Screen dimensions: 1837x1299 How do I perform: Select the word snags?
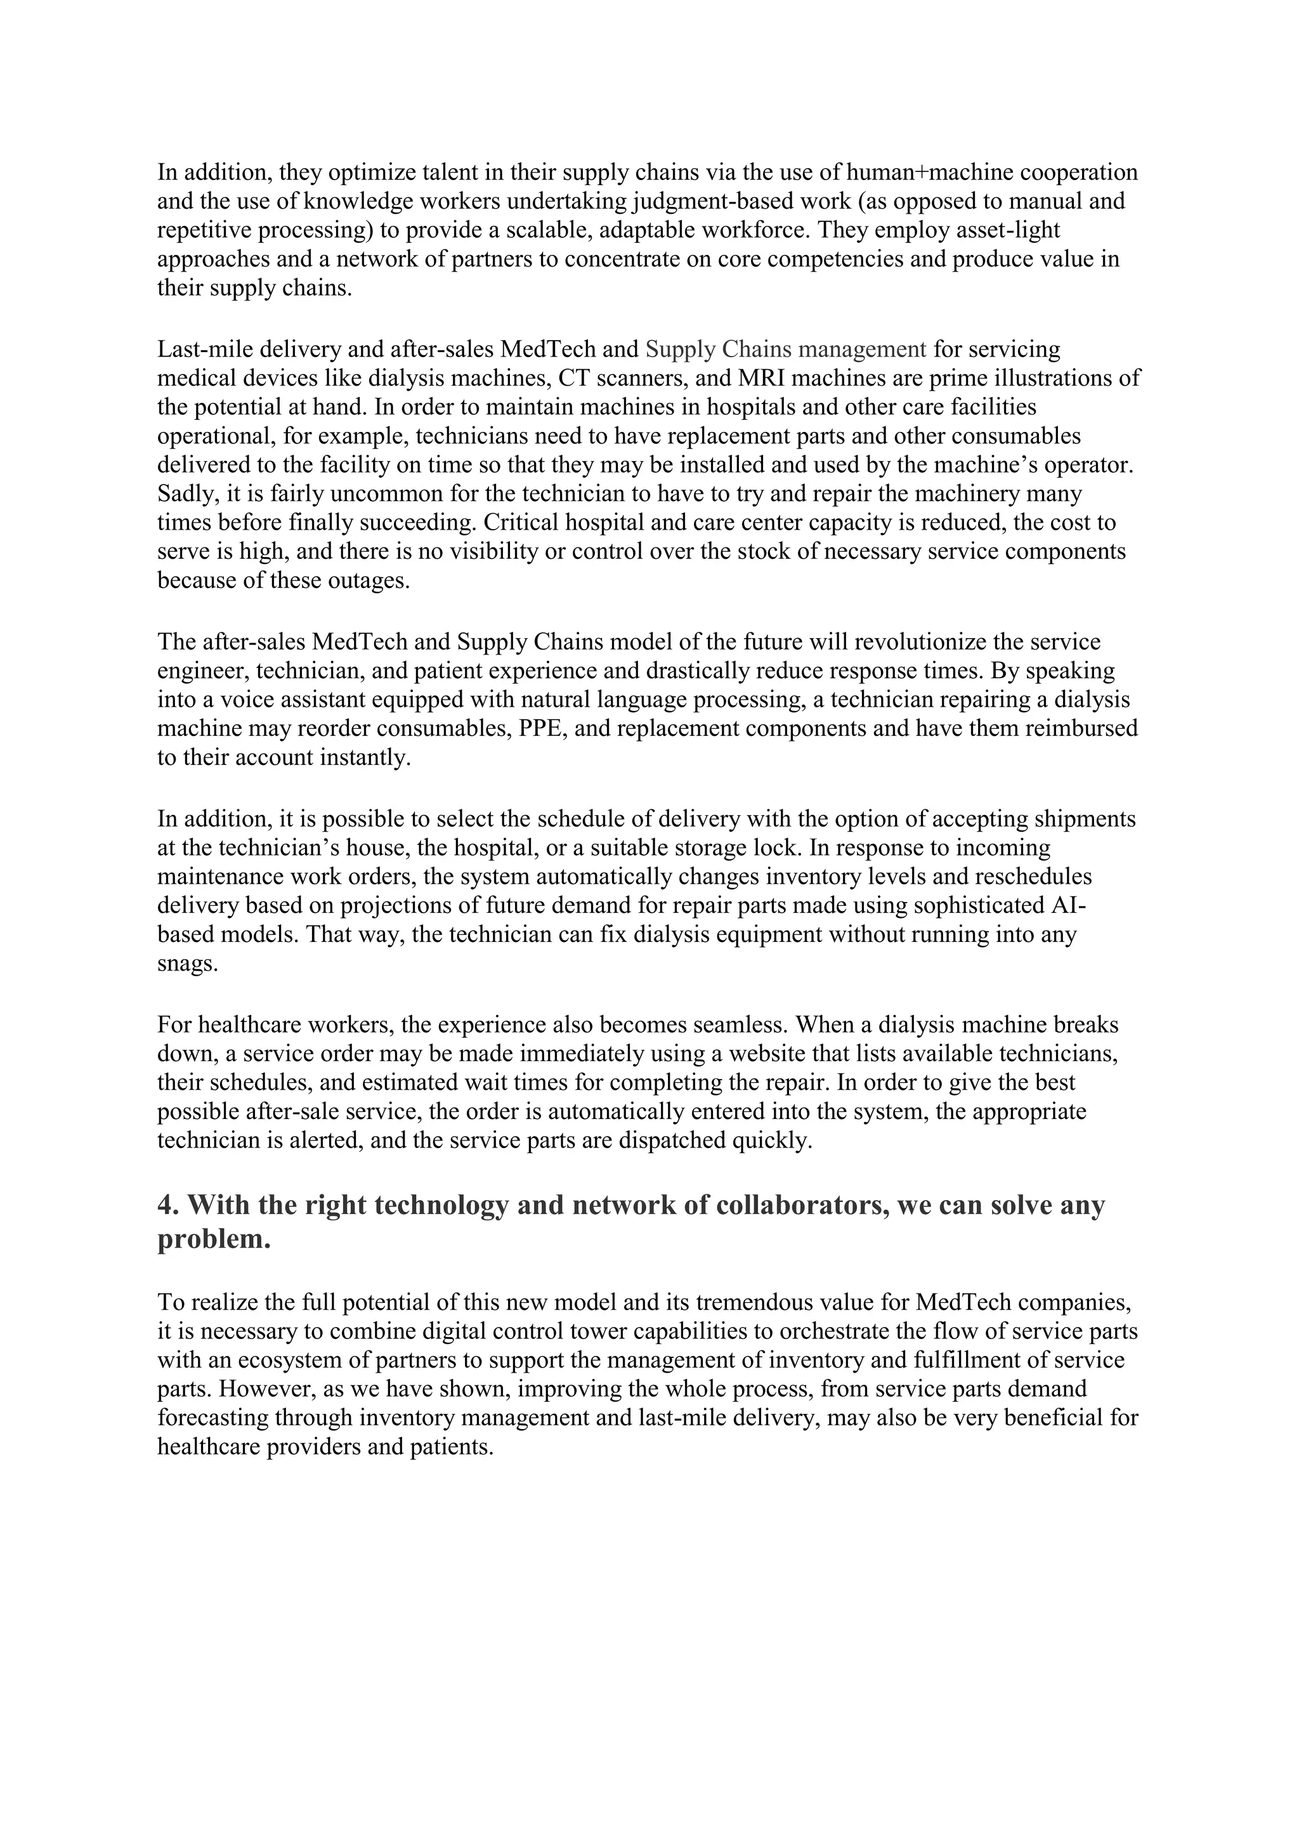click(x=187, y=964)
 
